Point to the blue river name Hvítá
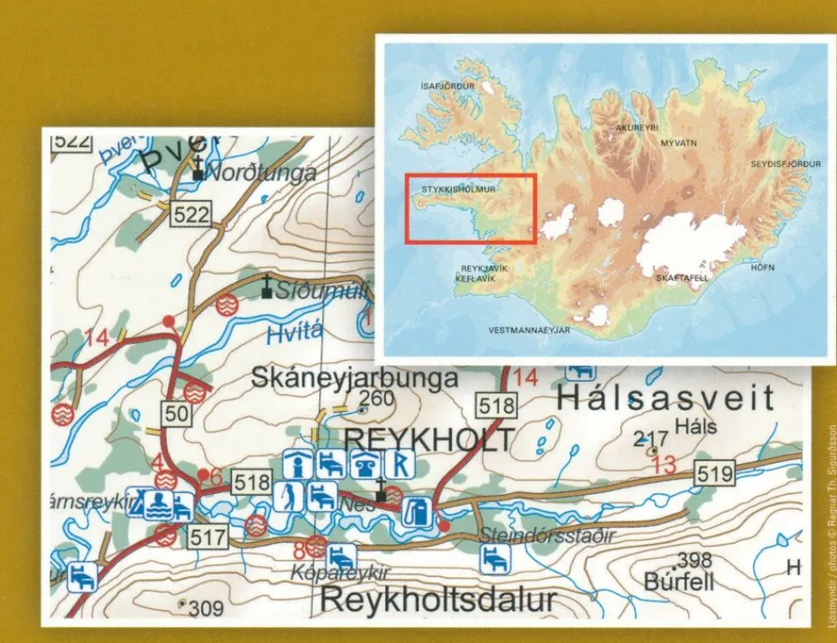(295, 333)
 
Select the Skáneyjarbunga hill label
(355, 378)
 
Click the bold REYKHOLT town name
(429, 438)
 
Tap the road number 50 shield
(176, 413)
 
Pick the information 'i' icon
(294, 463)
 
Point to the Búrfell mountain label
(679, 581)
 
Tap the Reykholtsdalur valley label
(438, 599)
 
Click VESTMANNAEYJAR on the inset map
(529, 330)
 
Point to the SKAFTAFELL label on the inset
(683, 277)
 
